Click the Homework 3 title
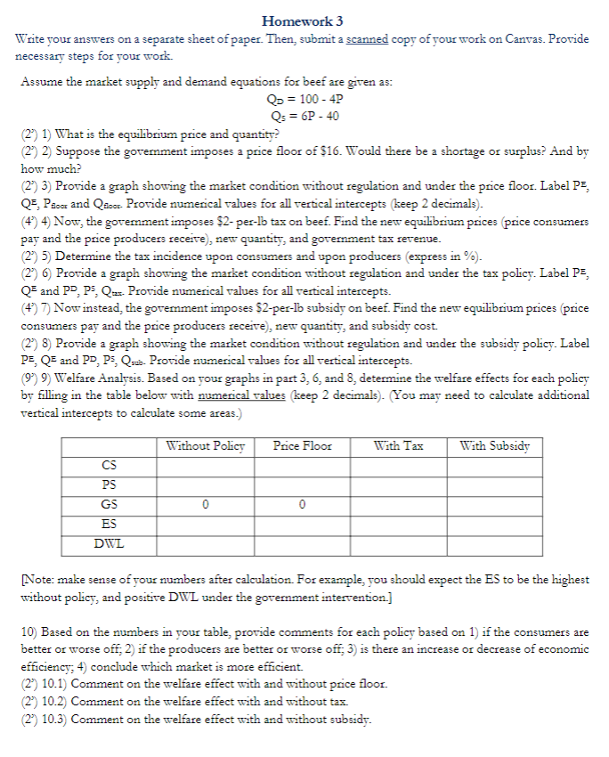coord(303,20)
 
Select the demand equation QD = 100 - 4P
coord(303,100)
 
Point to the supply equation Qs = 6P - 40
coord(303,116)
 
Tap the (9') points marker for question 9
coord(28,378)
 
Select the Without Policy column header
coord(205,445)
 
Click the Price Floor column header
coord(303,445)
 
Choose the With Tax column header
coord(399,445)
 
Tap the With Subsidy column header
coord(496,445)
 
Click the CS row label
coord(109,464)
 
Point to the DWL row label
coord(109,541)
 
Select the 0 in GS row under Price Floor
coord(303,503)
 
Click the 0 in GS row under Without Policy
coord(205,503)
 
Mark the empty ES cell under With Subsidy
coord(496,523)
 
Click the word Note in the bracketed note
coord(37,580)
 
